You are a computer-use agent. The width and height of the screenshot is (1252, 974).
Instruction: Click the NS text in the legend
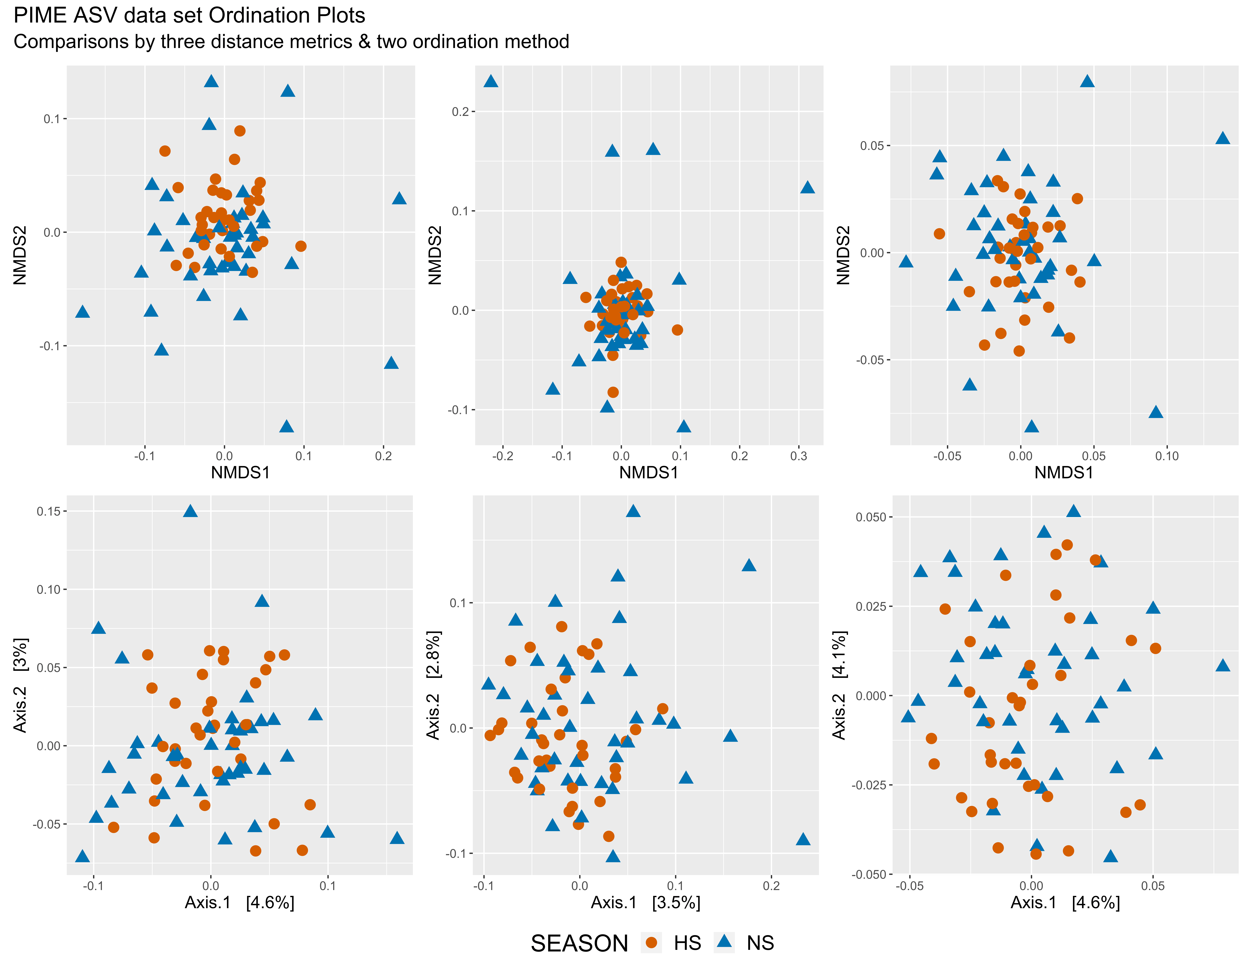tap(760, 943)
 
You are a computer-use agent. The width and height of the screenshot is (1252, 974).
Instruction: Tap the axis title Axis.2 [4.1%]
tap(839, 685)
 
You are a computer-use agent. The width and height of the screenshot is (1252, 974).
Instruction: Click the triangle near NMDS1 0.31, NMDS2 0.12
tap(807, 187)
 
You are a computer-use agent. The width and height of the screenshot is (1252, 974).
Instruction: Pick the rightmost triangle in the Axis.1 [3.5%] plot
tap(803, 839)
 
